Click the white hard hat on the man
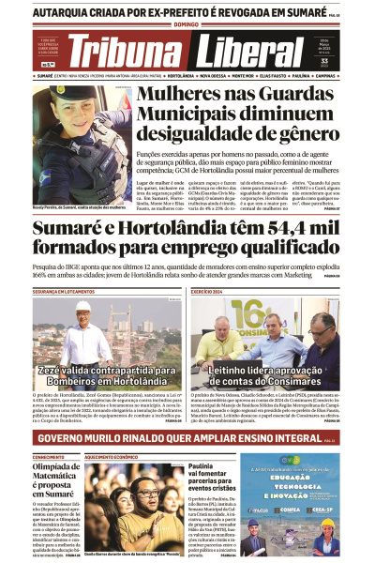pyautogui.click(x=83, y=307)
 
